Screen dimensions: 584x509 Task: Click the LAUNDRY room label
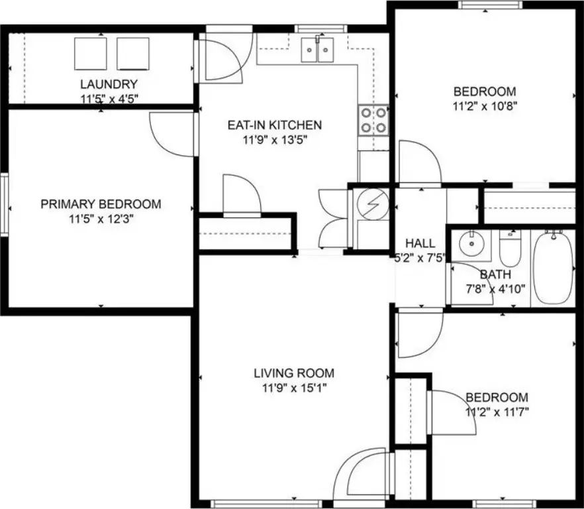(x=109, y=84)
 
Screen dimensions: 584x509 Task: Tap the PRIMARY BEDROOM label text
(x=101, y=204)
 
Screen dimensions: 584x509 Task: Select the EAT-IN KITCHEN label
(x=275, y=125)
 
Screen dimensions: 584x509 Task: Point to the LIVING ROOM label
(x=294, y=373)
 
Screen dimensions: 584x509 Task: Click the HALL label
(x=420, y=243)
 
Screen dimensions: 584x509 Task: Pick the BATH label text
(x=495, y=275)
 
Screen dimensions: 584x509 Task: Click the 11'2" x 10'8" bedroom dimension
(x=485, y=106)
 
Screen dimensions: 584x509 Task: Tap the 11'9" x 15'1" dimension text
(x=294, y=388)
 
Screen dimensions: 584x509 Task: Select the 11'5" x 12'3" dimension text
(x=101, y=219)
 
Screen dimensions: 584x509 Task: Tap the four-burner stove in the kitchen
(x=373, y=120)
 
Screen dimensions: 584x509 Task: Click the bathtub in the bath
(x=553, y=267)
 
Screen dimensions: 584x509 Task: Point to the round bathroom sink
(x=472, y=243)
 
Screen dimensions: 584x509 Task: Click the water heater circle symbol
(x=373, y=204)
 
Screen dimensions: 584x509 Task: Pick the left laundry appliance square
(x=91, y=54)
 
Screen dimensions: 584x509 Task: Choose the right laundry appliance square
(x=133, y=54)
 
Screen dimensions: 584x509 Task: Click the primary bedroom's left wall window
(x=4, y=204)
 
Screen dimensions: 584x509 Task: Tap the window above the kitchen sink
(x=320, y=28)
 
